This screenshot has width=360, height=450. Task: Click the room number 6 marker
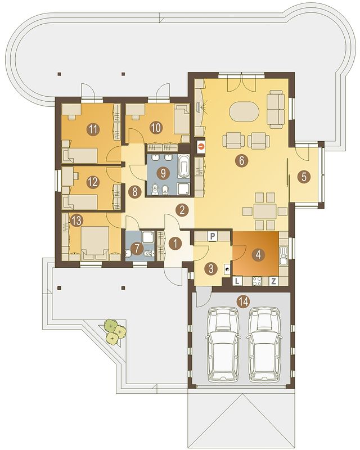pos(241,161)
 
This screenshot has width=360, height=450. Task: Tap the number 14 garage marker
pos(243,301)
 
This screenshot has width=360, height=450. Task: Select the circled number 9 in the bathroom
pos(163,173)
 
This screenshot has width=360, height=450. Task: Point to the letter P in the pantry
pos(213,236)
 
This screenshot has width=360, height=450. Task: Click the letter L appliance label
pos(237,281)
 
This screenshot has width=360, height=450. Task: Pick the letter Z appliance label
pos(273,281)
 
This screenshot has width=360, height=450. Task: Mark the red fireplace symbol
pos(201,146)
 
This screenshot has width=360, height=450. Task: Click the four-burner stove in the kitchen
pos(256,281)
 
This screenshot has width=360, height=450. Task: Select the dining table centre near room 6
pos(265,211)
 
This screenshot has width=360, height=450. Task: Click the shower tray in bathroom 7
pos(148,237)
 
